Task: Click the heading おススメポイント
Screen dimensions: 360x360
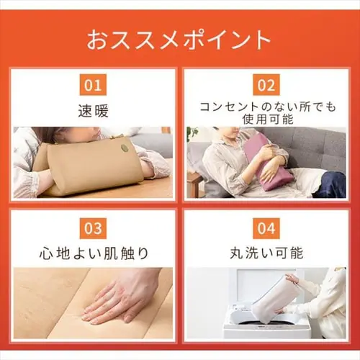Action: [179, 39]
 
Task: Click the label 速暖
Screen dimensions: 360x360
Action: [93, 112]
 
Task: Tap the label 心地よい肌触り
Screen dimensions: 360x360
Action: [93, 253]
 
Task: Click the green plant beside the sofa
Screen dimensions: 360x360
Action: [192, 134]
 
